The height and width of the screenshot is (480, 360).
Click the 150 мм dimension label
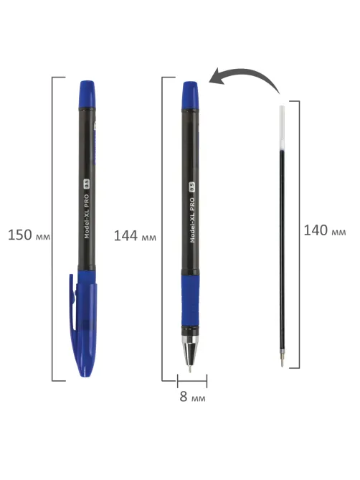click(29, 235)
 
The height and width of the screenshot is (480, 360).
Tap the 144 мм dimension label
click(135, 236)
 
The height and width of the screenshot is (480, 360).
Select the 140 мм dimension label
click(325, 230)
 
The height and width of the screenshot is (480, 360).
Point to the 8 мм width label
click(192, 397)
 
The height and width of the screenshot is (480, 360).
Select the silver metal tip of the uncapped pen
click(190, 353)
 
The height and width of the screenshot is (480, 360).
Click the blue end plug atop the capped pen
click(87, 94)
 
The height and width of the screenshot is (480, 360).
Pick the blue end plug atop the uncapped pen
click(190, 95)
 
